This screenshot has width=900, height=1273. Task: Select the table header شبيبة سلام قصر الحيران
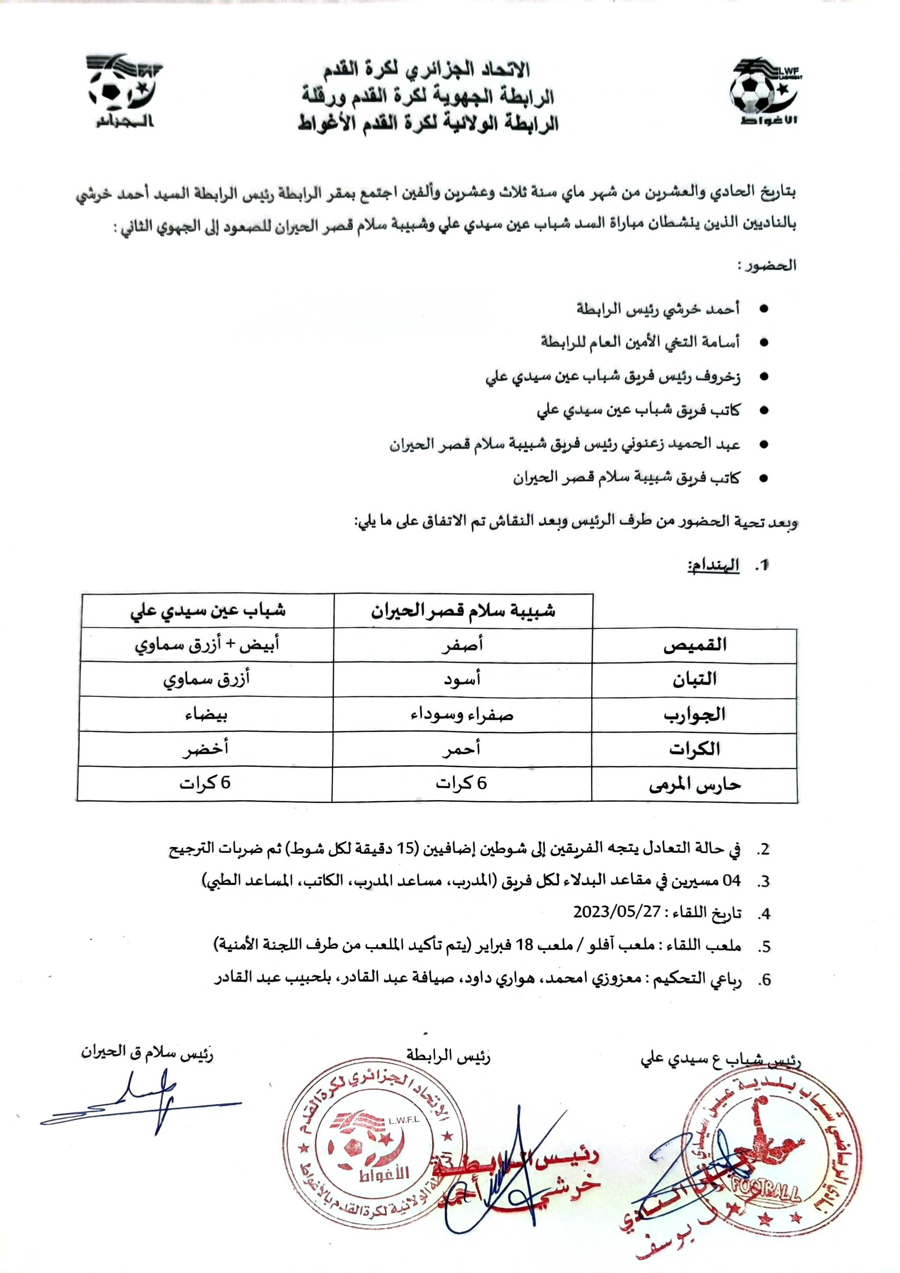pyautogui.click(x=463, y=611)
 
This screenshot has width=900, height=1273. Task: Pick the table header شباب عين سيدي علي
pyautogui.click(x=208, y=611)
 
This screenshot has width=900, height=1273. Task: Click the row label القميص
pyautogui.click(x=695, y=645)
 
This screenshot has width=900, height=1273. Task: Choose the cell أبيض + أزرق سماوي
pyautogui.click(x=207, y=645)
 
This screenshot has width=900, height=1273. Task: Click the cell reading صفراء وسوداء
pyautogui.click(x=462, y=715)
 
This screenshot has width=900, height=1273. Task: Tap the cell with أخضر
pyautogui.click(x=206, y=749)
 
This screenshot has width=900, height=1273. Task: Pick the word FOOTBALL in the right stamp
pyautogui.click(x=766, y=1192)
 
